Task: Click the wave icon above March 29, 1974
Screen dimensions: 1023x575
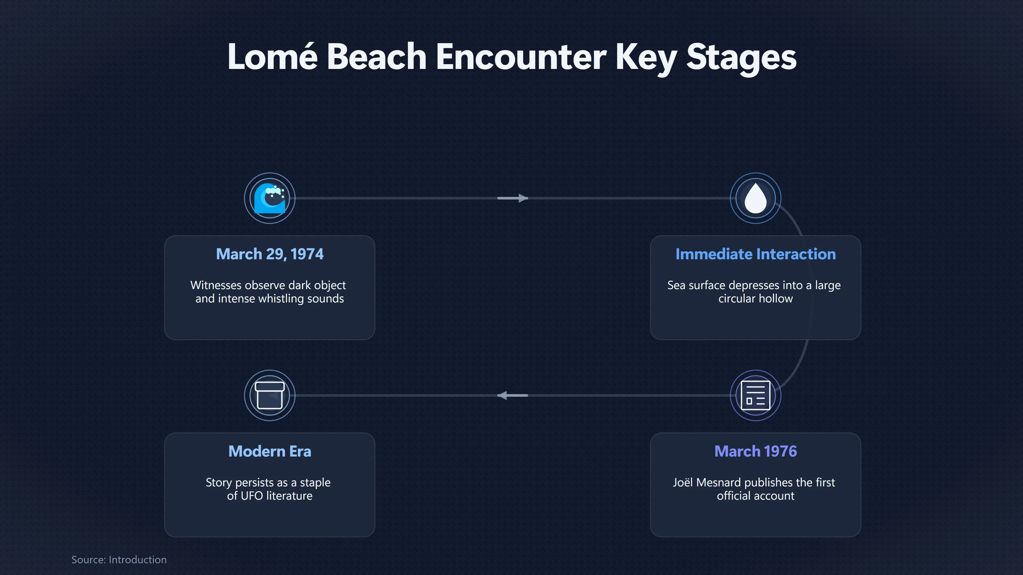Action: pos(270,198)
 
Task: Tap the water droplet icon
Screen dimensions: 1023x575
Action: pos(755,198)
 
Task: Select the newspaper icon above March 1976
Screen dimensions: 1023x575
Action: pos(755,395)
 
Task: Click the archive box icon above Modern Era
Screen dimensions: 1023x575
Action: pos(270,395)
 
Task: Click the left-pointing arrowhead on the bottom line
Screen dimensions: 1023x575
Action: pos(502,395)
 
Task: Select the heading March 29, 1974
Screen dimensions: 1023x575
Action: pos(270,254)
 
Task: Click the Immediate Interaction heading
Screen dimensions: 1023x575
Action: pos(755,254)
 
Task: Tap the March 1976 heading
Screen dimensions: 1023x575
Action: pos(755,451)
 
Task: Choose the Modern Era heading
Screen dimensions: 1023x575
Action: pos(270,451)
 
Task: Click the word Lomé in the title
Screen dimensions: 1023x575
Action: pos(273,56)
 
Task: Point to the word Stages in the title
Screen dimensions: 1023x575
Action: pos(741,58)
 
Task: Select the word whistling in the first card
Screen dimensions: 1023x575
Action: pos(281,298)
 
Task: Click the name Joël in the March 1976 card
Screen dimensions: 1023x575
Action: pos(683,482)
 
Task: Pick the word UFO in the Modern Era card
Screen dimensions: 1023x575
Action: pos(252,496)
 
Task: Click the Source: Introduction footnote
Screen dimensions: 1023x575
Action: pos(119,560)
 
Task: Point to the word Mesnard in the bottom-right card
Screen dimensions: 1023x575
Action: pos(719,482)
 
